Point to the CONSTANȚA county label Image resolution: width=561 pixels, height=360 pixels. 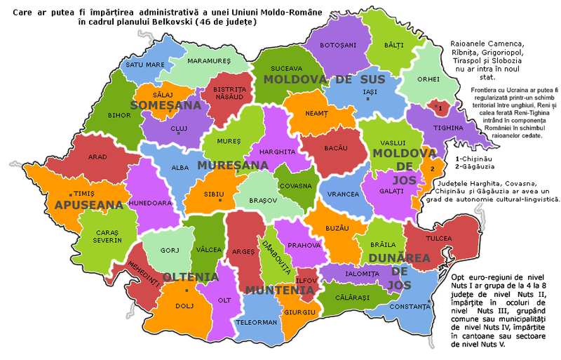[410, 307]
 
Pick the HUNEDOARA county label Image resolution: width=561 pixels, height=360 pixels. [149, 203]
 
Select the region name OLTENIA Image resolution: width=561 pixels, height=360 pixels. [191, 276]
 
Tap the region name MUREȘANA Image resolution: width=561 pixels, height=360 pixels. [233, 166]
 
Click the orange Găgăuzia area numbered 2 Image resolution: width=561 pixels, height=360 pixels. [433, 169]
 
